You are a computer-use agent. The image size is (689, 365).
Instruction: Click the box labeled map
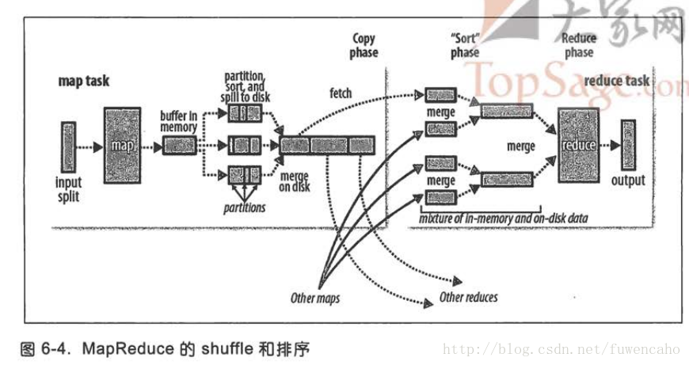coord(121,145)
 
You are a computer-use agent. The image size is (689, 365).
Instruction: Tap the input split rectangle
coord(67,144)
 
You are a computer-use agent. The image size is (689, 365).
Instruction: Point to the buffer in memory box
coord(178,146)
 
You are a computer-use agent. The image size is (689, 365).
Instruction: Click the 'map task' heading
coord(84,81)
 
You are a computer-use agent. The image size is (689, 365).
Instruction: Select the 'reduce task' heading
coord(615,81)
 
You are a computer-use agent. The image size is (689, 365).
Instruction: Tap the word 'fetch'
coord(341,93)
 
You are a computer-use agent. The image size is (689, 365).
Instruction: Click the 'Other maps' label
coord(315,298)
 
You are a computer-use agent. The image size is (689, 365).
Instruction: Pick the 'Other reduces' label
coord(468,298)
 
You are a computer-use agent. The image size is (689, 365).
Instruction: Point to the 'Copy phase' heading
coord(365,45)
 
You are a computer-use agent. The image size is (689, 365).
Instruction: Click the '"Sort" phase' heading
coord(465,45)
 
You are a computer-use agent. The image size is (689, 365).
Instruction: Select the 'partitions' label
coord(246,207)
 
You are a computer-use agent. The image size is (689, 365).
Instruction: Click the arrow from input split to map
coord(89,145)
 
